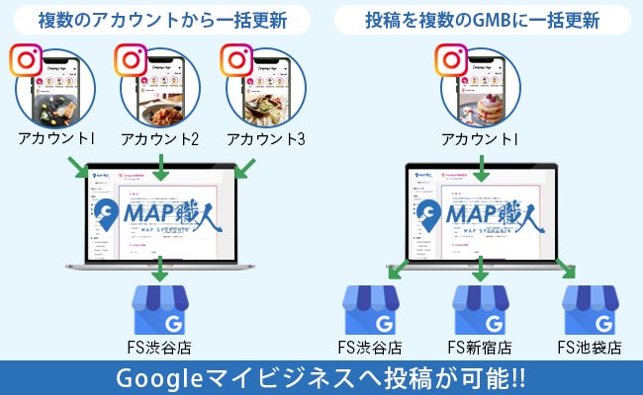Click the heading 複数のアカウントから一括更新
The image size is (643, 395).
(158, 19)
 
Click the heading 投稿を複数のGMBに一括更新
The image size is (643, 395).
(481, 19)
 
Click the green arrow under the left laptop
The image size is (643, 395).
(161, 267)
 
